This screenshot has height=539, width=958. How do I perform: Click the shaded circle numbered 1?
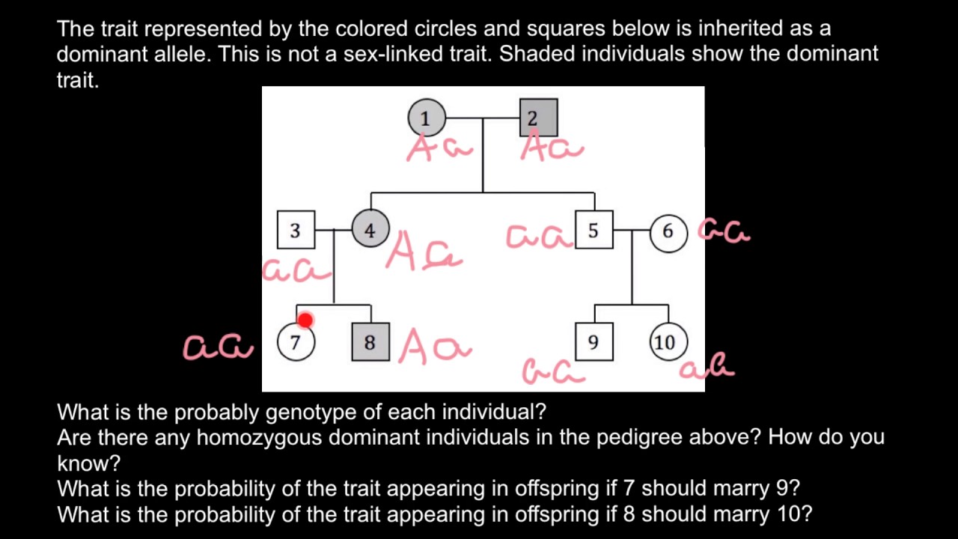point(427,118)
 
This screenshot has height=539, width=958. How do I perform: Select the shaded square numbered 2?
point(538,118)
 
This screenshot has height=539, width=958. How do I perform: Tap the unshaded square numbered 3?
point(296,230)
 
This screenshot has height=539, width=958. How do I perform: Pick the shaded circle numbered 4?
point(370,230)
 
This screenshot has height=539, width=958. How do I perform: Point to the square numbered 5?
point(594,230)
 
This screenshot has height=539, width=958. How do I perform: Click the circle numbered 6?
point(668,232)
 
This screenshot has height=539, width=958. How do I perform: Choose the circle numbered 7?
point(296,343)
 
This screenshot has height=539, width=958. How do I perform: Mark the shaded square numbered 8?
point(370,343)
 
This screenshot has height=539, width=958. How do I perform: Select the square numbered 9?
point(594,342)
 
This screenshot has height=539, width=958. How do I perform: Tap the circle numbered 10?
point(666,342)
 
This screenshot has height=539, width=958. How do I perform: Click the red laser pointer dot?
point(305,320)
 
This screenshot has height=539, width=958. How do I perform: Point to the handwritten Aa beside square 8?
point(435,348)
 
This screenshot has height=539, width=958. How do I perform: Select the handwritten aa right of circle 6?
point(724,231)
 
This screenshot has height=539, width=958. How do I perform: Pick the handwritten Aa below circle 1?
point(439,149)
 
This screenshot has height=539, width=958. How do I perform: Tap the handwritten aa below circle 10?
point(707,366)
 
